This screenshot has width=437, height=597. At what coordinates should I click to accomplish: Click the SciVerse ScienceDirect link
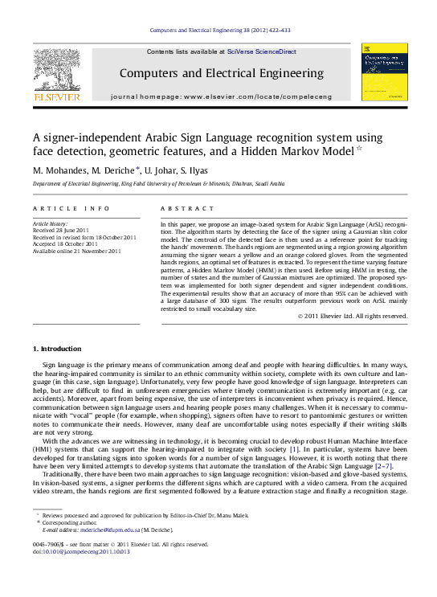(x=262, y=51)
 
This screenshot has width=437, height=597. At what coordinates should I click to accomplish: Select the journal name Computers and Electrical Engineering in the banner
(x=220, y=73)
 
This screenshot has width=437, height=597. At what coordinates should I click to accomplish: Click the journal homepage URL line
(x=220, y=96)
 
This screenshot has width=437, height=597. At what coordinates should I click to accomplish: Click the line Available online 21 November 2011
(x=76, y=251)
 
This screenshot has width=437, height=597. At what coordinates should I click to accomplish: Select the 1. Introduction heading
(x=56, y=349)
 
